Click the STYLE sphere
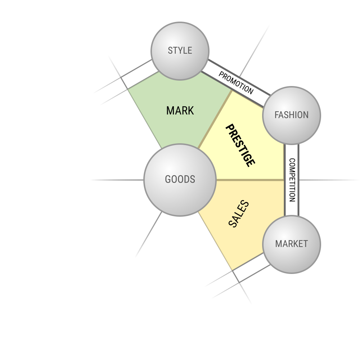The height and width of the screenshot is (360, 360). [x=180, y=51]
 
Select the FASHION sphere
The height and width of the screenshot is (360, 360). [x=292, y=116]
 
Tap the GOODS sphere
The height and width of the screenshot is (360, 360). [x=180, y=180]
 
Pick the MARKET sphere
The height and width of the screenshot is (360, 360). [x=292, y=244]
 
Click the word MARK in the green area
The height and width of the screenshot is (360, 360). [x=180, y=111]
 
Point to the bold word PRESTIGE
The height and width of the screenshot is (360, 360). [x=240, y=145]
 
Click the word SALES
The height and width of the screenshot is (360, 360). [x=239, y=214]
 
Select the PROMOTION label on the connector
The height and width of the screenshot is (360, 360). [x=236, y=83]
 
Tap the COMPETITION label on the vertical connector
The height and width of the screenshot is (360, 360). [x=292, y=180]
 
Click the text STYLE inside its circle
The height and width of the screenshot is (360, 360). [x=180, y=50]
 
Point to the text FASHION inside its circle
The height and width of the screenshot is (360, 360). [x=292, y=115]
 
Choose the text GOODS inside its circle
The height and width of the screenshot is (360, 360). [x=180, y=179]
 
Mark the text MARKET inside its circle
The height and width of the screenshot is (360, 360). [x=292, y=244]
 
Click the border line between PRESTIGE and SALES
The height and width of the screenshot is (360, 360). [x=250, y=180]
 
